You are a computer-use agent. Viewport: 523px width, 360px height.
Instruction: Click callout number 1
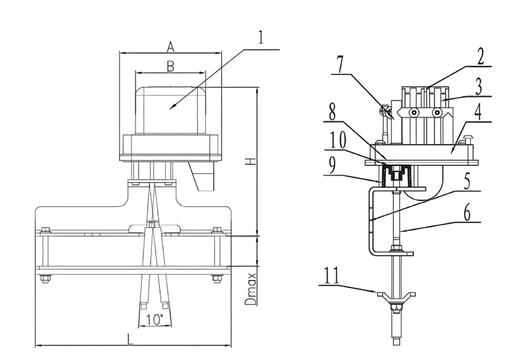(x=262, y=36)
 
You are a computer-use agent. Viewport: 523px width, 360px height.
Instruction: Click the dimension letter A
(x=170, y=46)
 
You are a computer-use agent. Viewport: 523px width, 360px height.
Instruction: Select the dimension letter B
(x=170, y=65)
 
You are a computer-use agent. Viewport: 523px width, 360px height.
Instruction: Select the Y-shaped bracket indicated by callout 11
(x=396, y=295)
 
